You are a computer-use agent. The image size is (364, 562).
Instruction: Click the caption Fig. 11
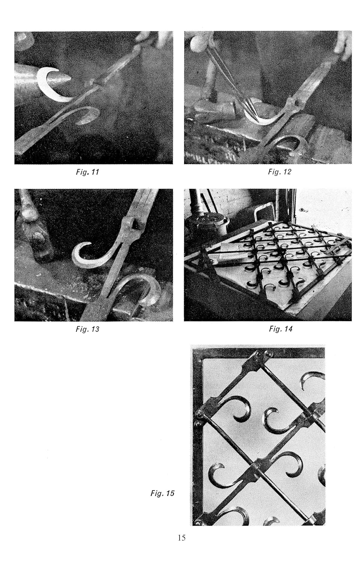87,172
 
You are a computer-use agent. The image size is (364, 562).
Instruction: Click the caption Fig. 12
280,172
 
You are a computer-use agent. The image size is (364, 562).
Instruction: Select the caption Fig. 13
87,329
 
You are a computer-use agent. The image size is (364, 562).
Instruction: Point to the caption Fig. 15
162,493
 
